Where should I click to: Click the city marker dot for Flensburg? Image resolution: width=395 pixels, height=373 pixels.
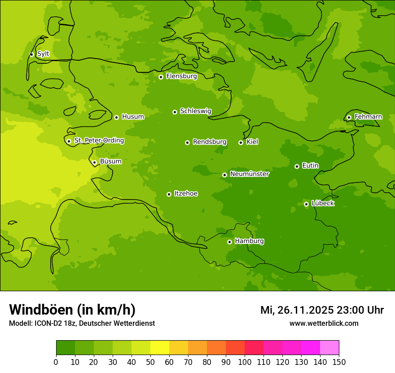(161, 77)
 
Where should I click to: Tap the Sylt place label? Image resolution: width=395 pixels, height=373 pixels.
(43, 54)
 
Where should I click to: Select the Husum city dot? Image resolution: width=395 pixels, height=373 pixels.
(116, 117)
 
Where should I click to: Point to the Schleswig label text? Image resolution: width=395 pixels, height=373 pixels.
(195, 111)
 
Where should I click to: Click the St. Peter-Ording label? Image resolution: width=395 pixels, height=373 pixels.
(99, 141)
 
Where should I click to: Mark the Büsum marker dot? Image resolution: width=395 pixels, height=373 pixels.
(94, 163)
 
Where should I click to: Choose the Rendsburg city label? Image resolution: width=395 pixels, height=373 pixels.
(210, 142)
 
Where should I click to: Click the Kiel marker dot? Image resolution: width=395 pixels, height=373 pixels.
(241, 142)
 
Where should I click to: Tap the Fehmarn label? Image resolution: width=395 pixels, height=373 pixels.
(368, 117)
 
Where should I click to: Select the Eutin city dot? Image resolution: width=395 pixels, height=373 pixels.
(297, 166)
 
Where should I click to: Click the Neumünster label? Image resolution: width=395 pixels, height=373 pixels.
(250, 174)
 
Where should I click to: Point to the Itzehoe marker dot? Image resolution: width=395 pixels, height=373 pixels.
(169, 195)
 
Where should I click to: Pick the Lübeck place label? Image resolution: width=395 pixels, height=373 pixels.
(323, 203)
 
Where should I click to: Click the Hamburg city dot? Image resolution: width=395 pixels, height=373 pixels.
(229, 242)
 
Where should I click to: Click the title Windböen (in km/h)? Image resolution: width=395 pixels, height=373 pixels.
(72, 310)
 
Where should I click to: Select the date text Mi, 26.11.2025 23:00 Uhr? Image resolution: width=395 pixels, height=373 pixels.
(322, 310)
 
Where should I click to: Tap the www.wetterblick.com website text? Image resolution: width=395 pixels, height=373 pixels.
(324, 323)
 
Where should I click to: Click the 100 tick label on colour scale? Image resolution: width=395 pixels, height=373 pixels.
(245, 362)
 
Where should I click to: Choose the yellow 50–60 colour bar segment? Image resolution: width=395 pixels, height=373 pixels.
(160, 348)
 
